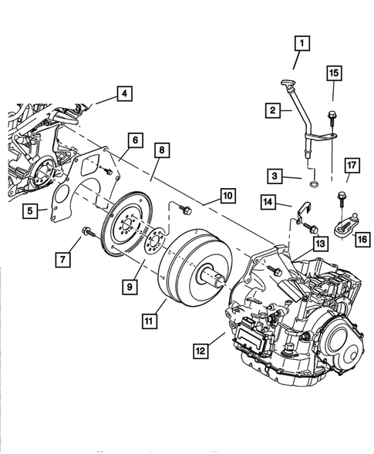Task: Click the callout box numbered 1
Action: click(301, 42)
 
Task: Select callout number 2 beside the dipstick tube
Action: click(272, 111)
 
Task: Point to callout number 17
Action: click(350, 187)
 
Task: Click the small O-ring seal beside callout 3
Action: click(312, 185)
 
